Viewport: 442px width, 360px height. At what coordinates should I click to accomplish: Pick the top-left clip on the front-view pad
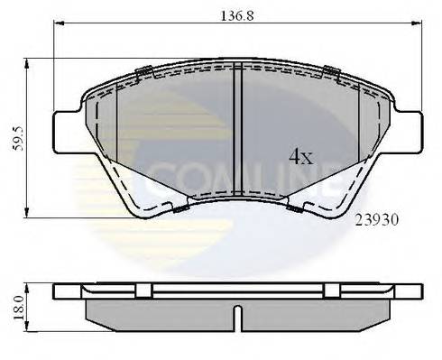(x=141, y=73)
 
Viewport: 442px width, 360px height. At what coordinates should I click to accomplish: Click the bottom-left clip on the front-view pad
(x=180, y=209)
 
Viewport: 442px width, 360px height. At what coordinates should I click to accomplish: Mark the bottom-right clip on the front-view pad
(x=295, y=209)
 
